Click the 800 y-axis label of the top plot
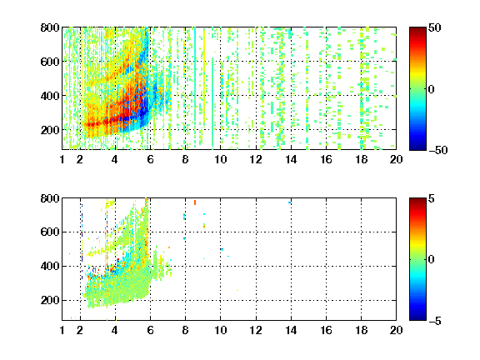[x=50, y=27]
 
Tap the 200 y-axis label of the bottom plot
[x=50, y=300]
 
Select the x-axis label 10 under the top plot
[x=220, y=159]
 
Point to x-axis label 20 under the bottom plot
[x=396, y=330]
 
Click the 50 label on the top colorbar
[x=434, y=27]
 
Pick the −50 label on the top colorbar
[x=437, y=150]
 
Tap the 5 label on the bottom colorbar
[x=432, y=198]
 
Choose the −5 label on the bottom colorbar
[x=435, y=321]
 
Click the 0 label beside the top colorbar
[x=432, y=89]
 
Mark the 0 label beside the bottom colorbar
[x=432, y=260]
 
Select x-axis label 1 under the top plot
[x=62, y=159]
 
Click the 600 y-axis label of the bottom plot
[x=50, y=232]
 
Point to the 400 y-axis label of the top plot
[x=50, y=96]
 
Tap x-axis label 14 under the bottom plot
[x=291, y=330]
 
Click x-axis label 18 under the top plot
[x=361, y=159]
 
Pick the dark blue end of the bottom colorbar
[x=417, y=318]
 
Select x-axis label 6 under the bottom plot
[x=150, y=330]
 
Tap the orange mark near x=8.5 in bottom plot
[x=195, y=202]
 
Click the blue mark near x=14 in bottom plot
[x=289, y=202]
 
